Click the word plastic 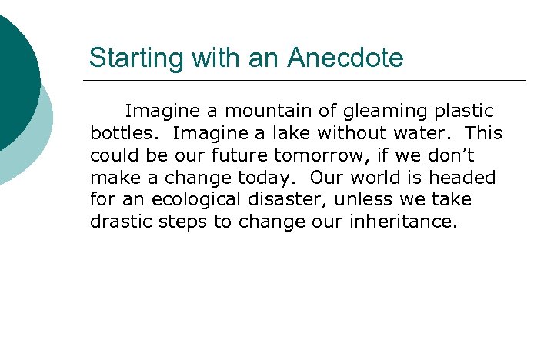pyautogui.click(x=466, y=112)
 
